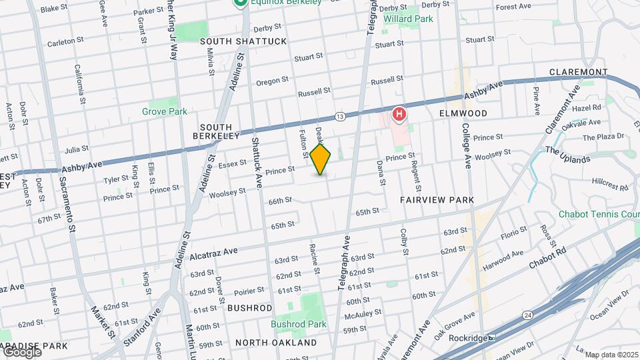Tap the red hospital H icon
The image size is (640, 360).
tap(399, 115)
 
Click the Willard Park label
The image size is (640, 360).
tap(408, 19)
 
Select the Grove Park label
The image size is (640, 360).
tap(165, 111)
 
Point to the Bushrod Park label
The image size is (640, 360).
tap(299, 325)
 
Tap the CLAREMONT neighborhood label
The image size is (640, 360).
tap(578, 72)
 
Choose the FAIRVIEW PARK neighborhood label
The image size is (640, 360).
tap(437, 199)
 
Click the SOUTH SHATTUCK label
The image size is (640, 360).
tap(243, 41)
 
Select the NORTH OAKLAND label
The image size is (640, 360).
tap(275, 343)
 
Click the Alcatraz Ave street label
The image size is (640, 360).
tap(213, 253)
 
